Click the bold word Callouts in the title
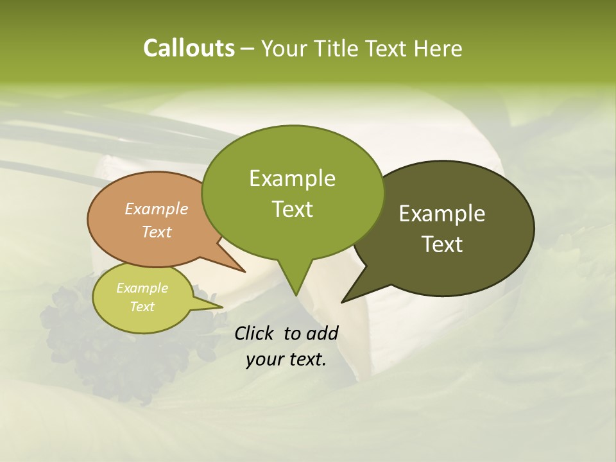[x=189, y=48]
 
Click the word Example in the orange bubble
[x=157, y=209]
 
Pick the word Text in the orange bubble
[x=157, y=232]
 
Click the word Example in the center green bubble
[x=292, y=178]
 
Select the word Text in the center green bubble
[x=292, y=209]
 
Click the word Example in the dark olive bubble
[x=442, y=214]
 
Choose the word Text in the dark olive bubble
[x=442, y=244]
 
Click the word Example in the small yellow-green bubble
[x=142, y=288]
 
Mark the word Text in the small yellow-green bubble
[x=142, y=307]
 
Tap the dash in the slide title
[x=248, y=49]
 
